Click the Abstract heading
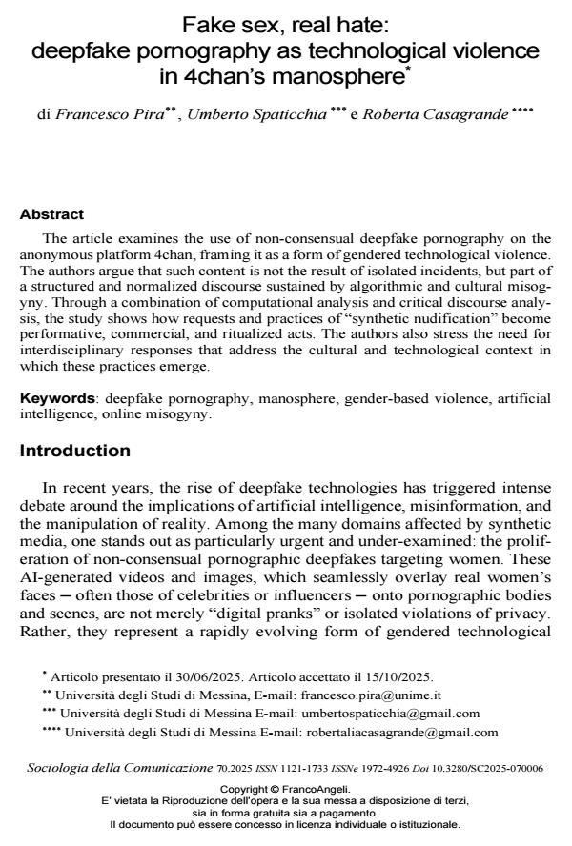[51, 214]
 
